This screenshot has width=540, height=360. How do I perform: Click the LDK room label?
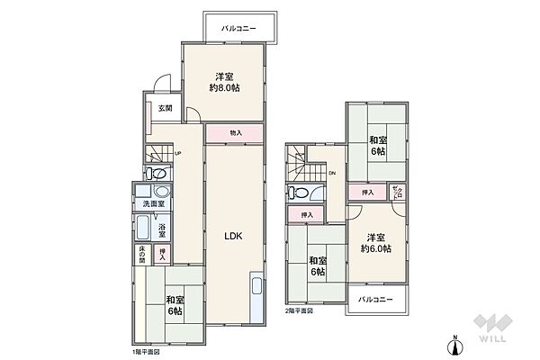point(234,236)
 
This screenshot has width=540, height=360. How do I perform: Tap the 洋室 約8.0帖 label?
point(224,82)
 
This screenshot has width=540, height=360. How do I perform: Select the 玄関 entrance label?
point(166,108)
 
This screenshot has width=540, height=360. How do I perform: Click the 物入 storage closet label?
point(236,133)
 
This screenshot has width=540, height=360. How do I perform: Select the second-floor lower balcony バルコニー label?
point(372,298)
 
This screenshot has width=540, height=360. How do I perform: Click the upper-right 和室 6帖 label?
point(376,146)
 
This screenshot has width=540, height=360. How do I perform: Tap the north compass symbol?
point(456,342)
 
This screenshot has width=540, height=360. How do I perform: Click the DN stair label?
point(332,173)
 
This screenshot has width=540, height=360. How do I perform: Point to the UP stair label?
point(178,153)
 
